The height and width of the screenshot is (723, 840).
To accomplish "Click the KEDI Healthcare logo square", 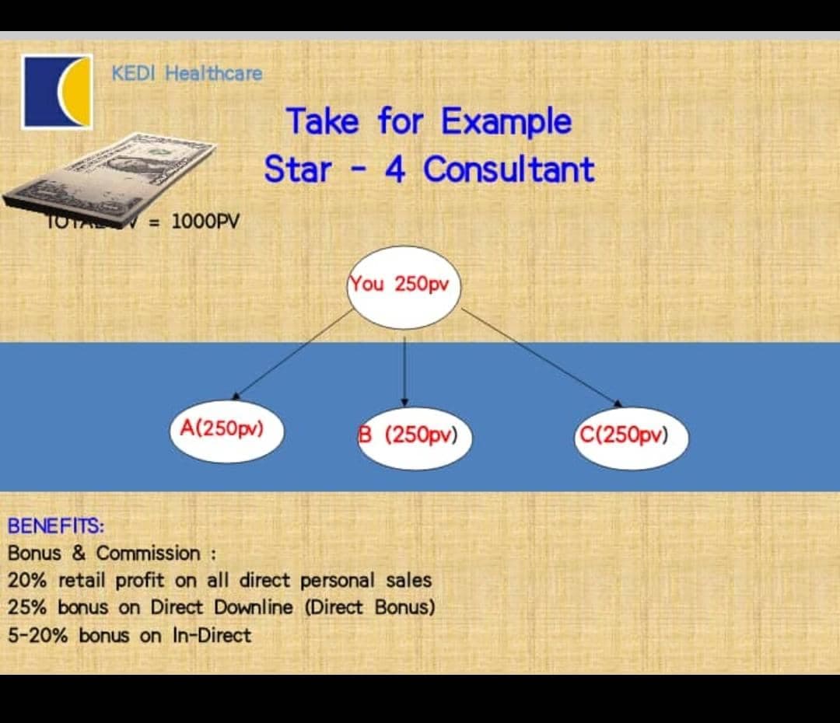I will [57, 92].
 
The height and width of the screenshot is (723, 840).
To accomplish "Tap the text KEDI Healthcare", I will [187, 74].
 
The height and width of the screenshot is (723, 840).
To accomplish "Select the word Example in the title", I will [506, 122].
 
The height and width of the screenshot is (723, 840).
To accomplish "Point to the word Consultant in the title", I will [509, 169].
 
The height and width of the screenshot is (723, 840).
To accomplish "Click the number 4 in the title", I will [395, 169].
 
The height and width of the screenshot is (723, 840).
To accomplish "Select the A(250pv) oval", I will [226, 430].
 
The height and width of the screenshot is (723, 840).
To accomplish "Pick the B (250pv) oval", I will [415, 437].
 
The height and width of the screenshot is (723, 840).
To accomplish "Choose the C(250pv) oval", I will [631, 437].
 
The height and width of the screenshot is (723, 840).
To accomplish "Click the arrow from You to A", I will [292, 354].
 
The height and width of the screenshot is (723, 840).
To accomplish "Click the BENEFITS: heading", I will [56, 526].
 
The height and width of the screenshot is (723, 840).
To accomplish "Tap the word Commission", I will [148, 554].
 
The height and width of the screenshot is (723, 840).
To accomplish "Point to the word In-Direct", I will [212, 636].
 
